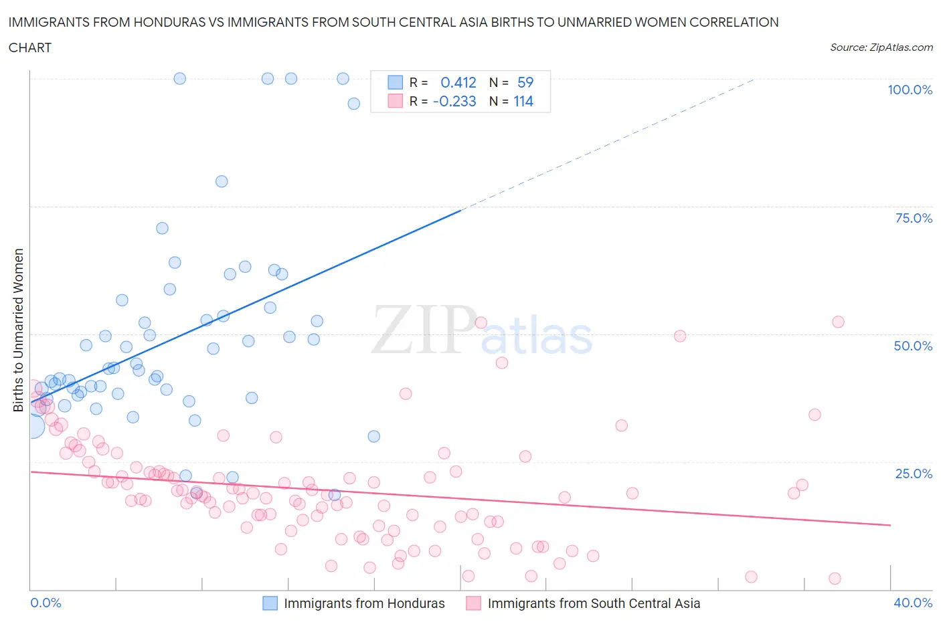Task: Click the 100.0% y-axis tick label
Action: pyautogui.click(x=910, y=90)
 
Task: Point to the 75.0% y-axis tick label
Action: pyautogui.click(x=913, y=218)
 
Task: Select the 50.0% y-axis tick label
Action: pyautogui.click(x=913, y=346)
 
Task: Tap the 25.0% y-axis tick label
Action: pyautogui.click(x=913, y=474)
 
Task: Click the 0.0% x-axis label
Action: pyautogui.click(x=46, y=603)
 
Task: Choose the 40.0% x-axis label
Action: pyautogui.click(x=913, y=603)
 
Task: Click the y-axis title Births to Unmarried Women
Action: pyautogui.click(x=19, y=330)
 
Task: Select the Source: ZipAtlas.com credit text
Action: pyautogui.click(x=881, y=47)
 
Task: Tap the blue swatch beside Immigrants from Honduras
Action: pyautogui.click(x=270, y=603)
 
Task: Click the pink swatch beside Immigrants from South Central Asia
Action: pyautogui.click(x=473, y=603)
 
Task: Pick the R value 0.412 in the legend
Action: pyautogui.click(x=458, y=82)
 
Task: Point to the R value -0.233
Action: pyautogui.click(x=454, y=101)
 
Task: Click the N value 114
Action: pyautogui.click(x=523, y=101)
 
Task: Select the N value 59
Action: pyautogui.click(x=525, y=82)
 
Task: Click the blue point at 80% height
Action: pyautogui.click(x=222, y=181)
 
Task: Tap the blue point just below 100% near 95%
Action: pyautogui.click(x=354, y=104)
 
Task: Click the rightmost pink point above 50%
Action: pyautogui.click(x=838, y=322)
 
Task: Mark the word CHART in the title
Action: pyautogui.click(x=30, y=47)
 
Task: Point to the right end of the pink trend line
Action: pyautogui.click(x=890, y=525)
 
